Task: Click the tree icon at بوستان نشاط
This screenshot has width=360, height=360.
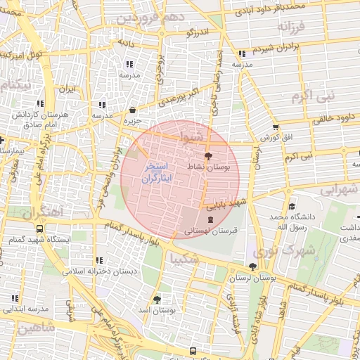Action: pyautogui.click(x=207, y=156)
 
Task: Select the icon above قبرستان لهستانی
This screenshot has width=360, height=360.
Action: pyautogui.click(x=211, y=220)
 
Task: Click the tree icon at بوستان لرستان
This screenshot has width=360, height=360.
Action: pyautogui.click(x=252, y=266)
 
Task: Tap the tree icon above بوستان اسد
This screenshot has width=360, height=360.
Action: pyautogui.click(x=157, y=299)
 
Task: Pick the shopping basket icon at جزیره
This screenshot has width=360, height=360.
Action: pyautogui.click(x=133, y=110)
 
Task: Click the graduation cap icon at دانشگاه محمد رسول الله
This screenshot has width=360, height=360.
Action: pyautogui.click(x=292, y=207)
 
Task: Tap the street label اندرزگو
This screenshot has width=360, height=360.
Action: pyautogui.click(x=199, y=32)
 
